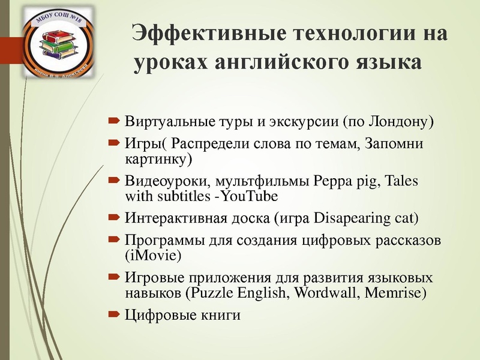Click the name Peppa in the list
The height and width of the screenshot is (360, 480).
[331, 181]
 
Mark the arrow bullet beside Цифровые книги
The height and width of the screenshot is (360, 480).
[114, 314]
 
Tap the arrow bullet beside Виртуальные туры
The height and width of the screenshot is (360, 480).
[114, 122]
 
